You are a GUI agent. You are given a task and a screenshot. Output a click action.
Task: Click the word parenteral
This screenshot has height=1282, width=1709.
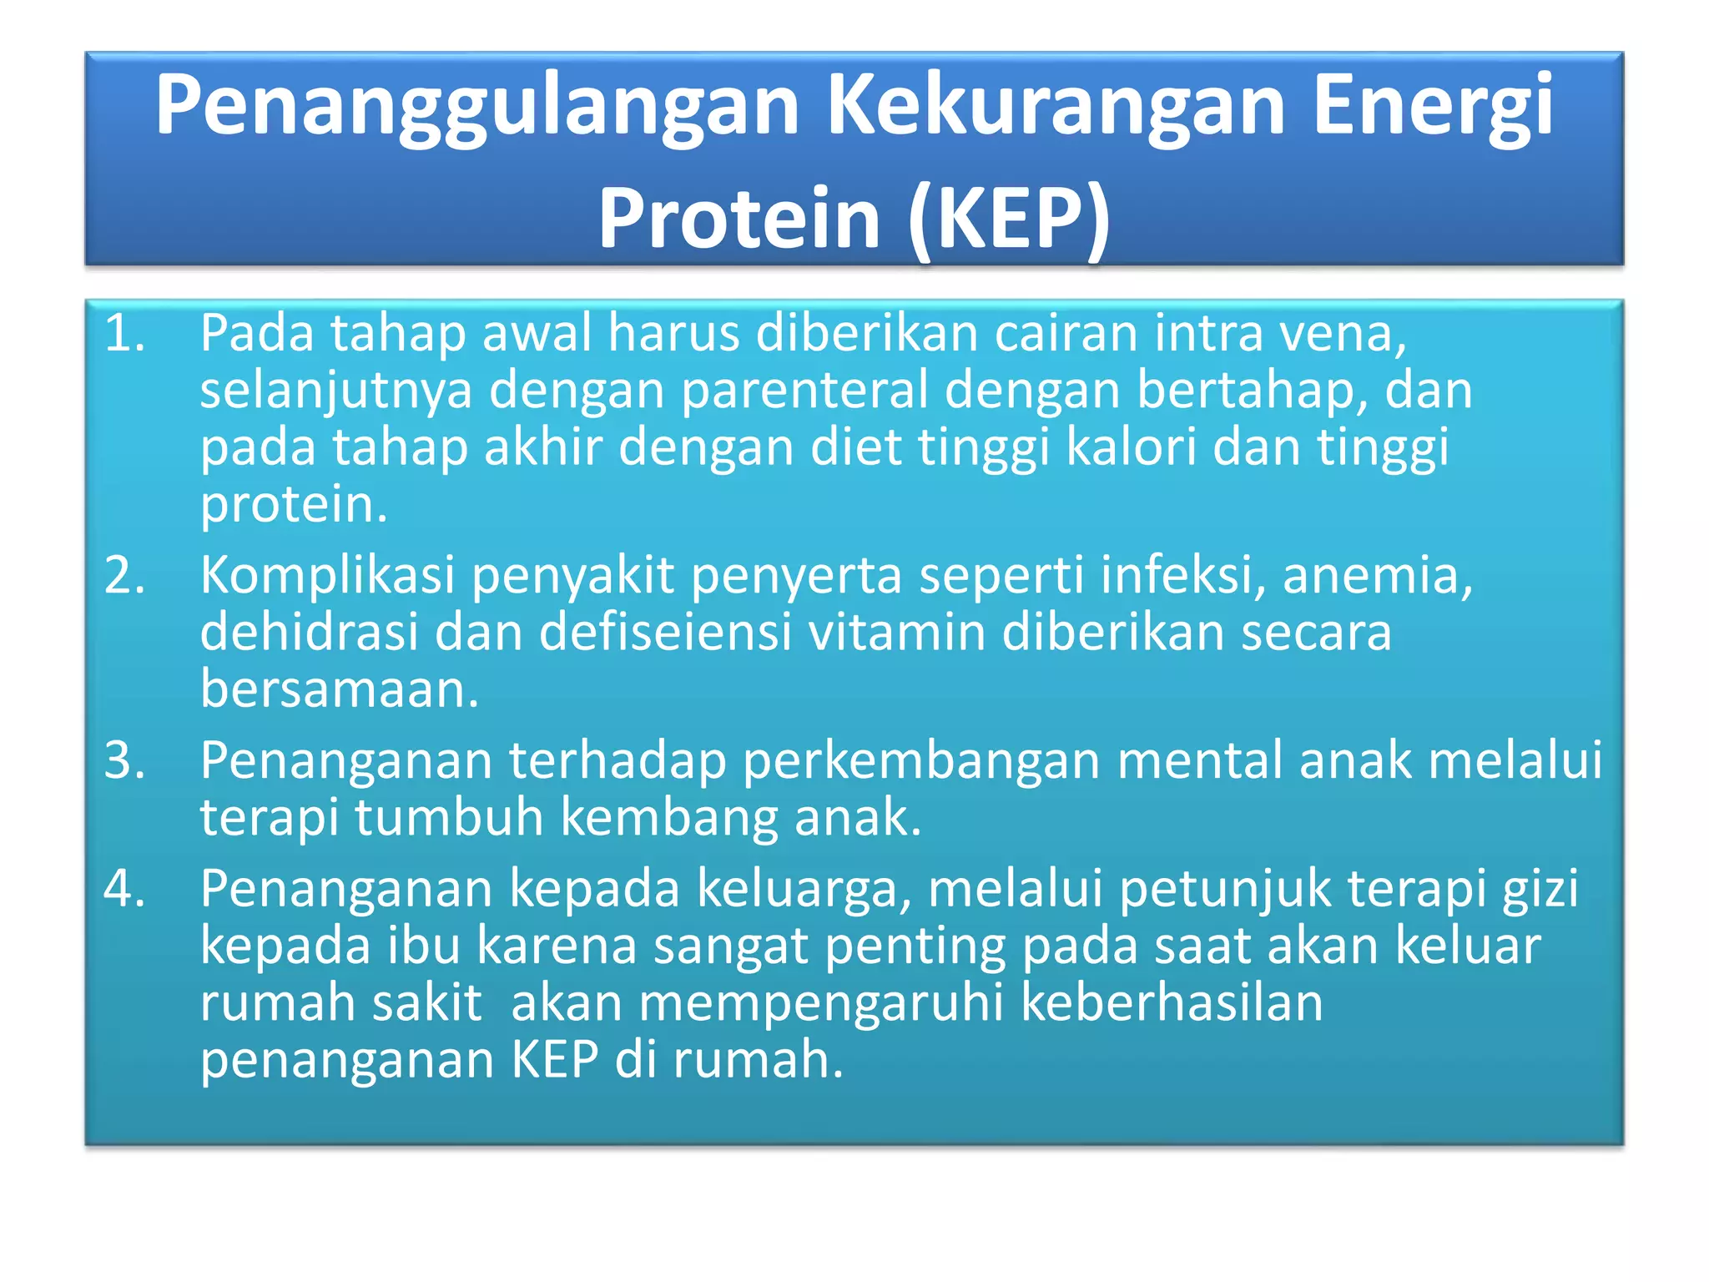click(x=804, y=390)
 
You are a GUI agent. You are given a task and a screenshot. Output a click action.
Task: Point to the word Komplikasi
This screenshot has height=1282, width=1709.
click(x=327, y=575)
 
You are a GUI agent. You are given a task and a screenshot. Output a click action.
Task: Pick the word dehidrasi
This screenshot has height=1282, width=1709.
click(x=309, y=632)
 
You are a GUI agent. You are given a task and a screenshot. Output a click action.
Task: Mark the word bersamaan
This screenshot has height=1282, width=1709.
click(x=339, y=689)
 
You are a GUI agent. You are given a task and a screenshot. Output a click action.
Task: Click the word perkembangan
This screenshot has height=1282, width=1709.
click(x=920, y=760)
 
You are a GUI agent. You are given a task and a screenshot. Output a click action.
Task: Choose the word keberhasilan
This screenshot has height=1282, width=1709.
click(x=1172, y=1002)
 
